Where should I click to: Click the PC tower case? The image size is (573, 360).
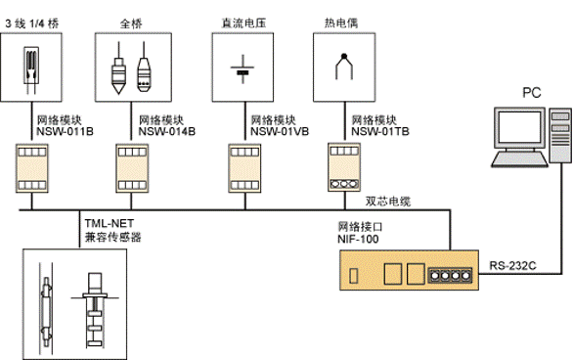[x=557, y=141]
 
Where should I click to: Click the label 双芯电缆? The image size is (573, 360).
[x=388, y=201]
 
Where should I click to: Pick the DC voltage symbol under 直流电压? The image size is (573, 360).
[x=242, y=70]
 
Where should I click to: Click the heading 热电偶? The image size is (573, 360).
[x=337, y=19]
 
